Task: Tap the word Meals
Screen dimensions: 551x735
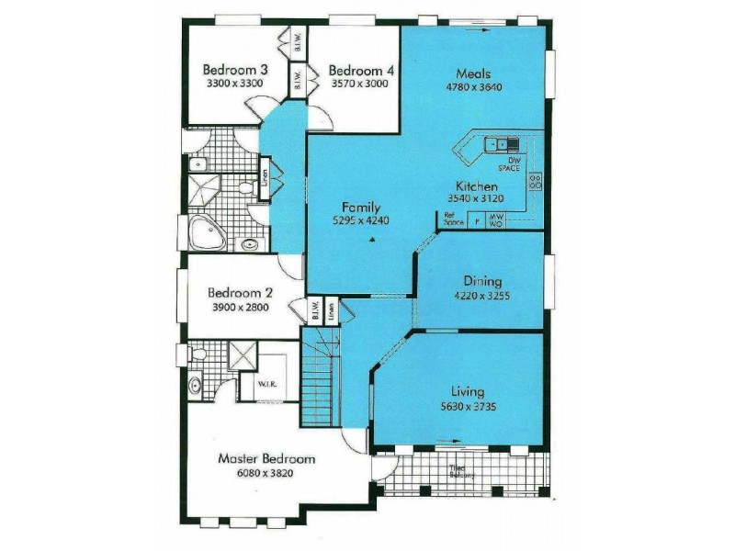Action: [474, 73]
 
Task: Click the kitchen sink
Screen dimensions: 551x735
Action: [502, 143]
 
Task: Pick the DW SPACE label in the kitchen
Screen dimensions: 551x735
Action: [508, 164]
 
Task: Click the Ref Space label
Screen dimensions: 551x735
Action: [452, 220]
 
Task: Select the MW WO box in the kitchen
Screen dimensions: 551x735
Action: [496, 220]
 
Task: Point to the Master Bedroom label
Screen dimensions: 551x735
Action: [266, 458]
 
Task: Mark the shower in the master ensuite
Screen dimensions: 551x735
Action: [243, 354]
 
